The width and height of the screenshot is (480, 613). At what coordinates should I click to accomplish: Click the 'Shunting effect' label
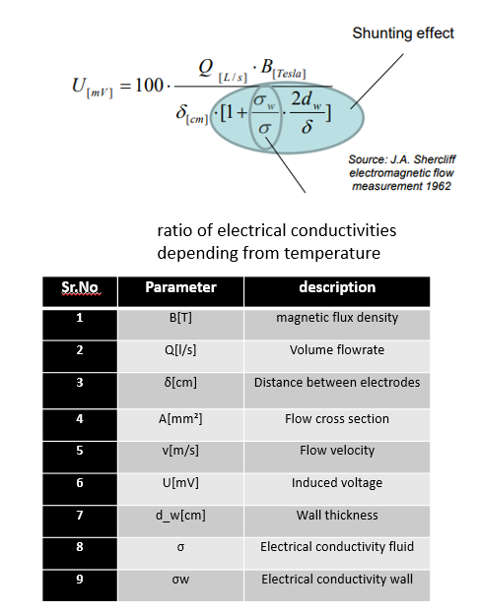point(403,33)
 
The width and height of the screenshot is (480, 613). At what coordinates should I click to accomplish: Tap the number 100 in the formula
point(149,86)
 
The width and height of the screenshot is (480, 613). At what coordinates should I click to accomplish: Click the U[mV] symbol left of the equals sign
point(93,88)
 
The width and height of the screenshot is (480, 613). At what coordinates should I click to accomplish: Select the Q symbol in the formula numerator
point(206,67)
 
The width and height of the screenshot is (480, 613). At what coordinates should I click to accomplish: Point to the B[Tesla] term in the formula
point(283,69)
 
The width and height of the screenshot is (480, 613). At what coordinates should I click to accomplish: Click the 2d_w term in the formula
point(307,99)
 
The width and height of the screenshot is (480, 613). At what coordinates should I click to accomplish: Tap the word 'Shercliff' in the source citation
point(435,159)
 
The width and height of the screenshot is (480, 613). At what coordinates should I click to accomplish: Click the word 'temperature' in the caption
point(332,253)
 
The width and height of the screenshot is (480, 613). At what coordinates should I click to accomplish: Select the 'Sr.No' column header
point(80,287)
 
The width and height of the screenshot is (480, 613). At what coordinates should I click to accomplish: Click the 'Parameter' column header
point(181,287)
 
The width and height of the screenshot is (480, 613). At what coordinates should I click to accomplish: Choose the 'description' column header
point(337,287)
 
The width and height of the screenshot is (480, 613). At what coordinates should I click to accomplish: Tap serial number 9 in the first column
point(80,579)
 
